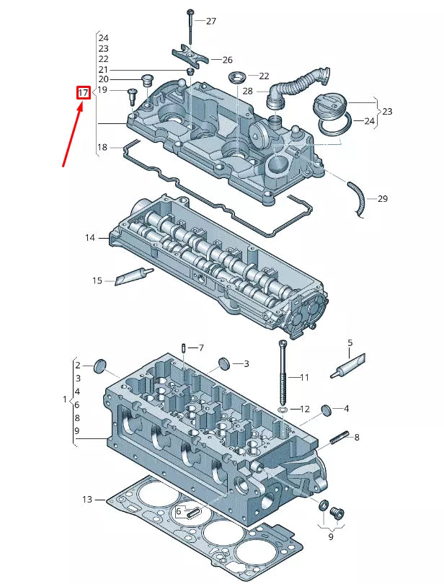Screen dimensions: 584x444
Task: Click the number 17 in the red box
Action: tap(84, 93)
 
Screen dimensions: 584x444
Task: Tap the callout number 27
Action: tap(210, 22)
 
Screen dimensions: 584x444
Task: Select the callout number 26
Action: tap(227, 60)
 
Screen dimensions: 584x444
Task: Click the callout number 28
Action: tap(247, 92)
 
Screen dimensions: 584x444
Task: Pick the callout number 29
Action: tap(382, 198)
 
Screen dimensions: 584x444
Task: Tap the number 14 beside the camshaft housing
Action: tap(89, 237)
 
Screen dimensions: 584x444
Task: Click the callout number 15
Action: tap(97, 280)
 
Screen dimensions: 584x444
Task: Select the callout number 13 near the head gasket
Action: tap(87, 499)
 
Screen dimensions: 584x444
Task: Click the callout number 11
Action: tap(304, 377)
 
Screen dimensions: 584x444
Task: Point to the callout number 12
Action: tap(305, 409)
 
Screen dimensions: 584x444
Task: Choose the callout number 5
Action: tap(350, 342)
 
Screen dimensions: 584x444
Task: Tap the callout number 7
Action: tap(201, 348)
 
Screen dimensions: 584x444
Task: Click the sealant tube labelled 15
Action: tap(134, 275)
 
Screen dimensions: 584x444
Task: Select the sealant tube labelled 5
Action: tap(347, 366)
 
